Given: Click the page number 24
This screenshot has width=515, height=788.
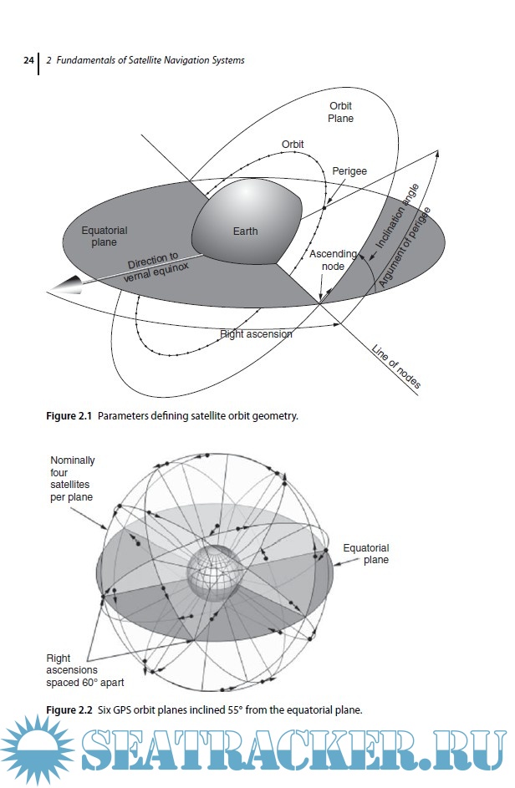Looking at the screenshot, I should point(28,61).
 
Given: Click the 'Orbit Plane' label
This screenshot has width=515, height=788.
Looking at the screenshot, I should point(340,112).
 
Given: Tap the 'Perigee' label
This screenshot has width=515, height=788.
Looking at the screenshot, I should point(349,170).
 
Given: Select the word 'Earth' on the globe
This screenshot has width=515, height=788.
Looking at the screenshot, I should point(245,231).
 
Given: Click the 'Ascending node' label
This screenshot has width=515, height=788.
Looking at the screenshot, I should point(334,259).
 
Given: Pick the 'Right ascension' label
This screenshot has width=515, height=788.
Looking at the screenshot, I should point(256,334).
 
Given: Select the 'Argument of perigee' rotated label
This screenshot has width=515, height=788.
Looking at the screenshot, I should point(405,247).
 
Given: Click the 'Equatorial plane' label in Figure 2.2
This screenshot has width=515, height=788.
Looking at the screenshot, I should point(365,554).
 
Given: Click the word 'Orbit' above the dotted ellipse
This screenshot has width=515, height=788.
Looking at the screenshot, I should point(292,145).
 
